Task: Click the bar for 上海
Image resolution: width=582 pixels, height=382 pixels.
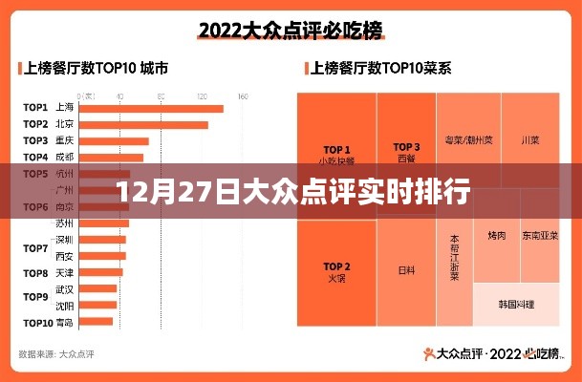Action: (151, 108)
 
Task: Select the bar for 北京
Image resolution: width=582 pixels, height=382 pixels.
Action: (143, 124)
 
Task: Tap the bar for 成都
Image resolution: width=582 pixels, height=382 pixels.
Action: (112, 158)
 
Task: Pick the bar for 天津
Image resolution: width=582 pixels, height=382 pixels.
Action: (99, 272)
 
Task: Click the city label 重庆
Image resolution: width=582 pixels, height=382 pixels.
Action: (65, 140)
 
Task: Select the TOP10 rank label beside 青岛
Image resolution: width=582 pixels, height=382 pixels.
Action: (37, 322)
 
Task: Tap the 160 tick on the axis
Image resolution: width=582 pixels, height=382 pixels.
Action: (243, 96)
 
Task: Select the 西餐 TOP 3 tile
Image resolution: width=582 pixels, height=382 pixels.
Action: (406, 153)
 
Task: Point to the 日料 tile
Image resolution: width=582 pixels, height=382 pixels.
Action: (406, 270)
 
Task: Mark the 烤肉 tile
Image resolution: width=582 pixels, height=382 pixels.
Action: (496, 235)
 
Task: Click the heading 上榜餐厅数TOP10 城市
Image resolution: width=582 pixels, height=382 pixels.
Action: (95, 69)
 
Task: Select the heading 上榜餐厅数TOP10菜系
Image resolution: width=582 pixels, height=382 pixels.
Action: (377, 69)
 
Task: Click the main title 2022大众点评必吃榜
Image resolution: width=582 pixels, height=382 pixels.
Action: (291, 31)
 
